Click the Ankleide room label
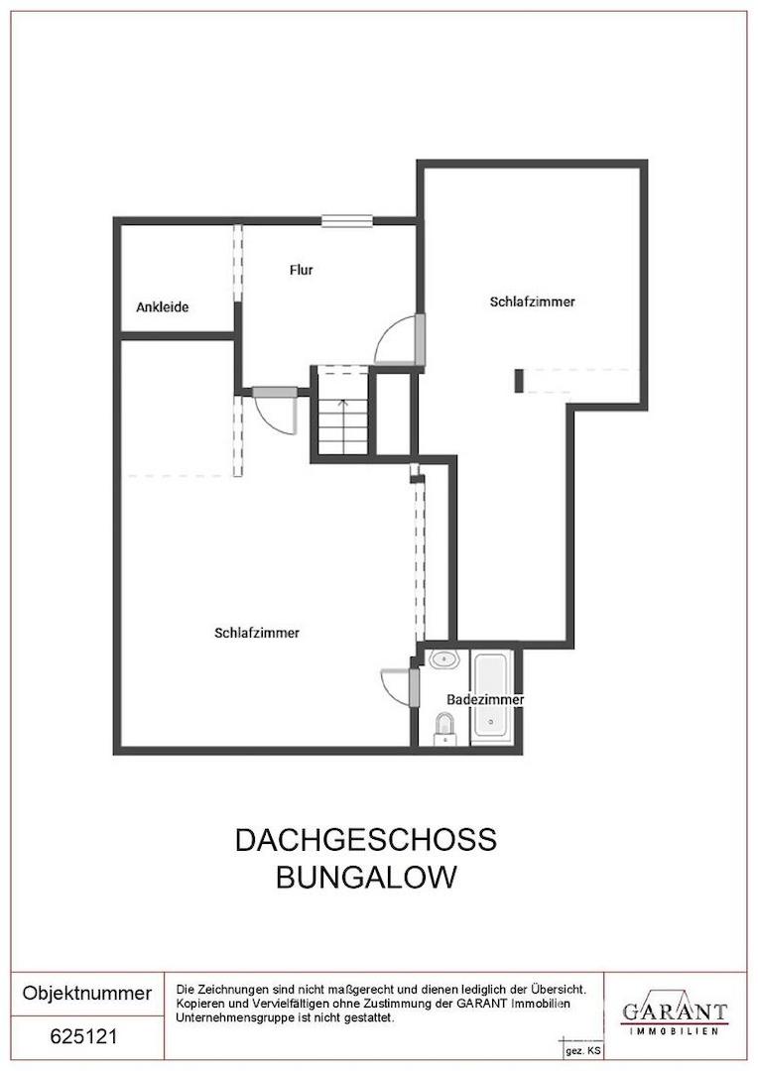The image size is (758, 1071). point(162,307)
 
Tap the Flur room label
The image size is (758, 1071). point(302,270)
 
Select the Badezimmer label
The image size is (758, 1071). point(485,699)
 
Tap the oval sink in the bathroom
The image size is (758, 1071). point(442,657)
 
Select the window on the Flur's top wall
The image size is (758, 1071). point(346,220)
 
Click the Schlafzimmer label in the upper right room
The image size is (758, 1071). point(532,301)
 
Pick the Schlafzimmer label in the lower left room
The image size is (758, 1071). point(257,633)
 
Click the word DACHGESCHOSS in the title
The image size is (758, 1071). point(365,840)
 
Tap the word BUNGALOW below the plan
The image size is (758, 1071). point(366,878)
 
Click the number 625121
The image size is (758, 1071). point(84,1037)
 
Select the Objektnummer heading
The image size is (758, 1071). point(87,993)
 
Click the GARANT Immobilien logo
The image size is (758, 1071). point(674,1012)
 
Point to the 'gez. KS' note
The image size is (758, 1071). point(582,1049)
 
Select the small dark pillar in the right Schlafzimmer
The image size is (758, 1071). point(518,380)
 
